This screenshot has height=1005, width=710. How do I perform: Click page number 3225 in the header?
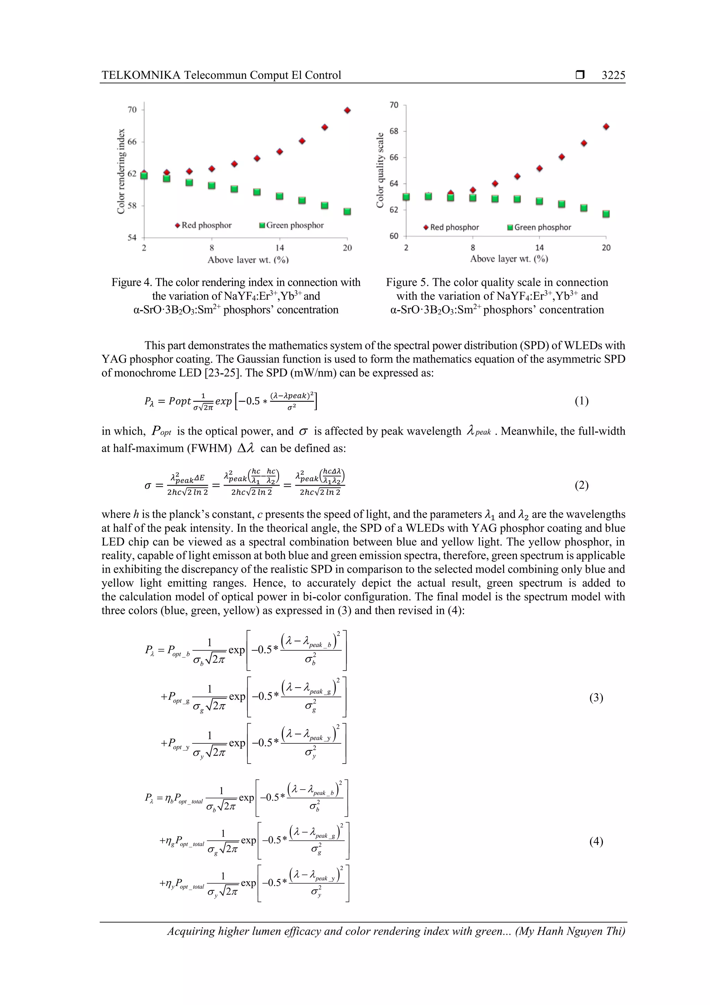(x=613, y=75)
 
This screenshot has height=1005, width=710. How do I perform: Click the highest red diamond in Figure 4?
(x=347, y=110)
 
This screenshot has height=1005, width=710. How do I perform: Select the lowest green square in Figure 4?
(x=347, y=211)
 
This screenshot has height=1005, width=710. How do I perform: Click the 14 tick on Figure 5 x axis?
(x=539, y=248)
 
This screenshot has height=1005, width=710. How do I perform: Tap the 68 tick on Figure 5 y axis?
(x=394, y=131)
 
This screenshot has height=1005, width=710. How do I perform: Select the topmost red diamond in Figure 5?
(x=606, y=127)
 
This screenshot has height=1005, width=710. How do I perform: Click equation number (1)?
(x=581, y=401)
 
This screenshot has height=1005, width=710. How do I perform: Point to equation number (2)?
(x=581, y=485)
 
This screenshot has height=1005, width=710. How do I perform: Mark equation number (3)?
(x=596, y=697)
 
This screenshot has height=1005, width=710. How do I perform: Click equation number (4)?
(x=596, y=841)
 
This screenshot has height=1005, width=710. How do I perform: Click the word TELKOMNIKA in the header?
(x=141, y=75)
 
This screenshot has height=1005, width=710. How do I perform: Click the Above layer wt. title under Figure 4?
(x=248, y=259)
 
